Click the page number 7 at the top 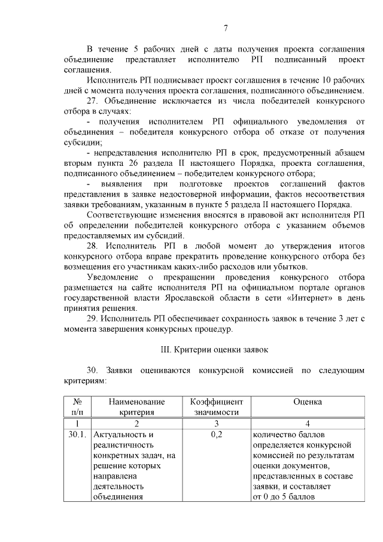pos(226,28)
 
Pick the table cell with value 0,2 pos(216,435)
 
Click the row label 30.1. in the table pos(77,435)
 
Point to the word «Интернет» pos(309,298)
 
